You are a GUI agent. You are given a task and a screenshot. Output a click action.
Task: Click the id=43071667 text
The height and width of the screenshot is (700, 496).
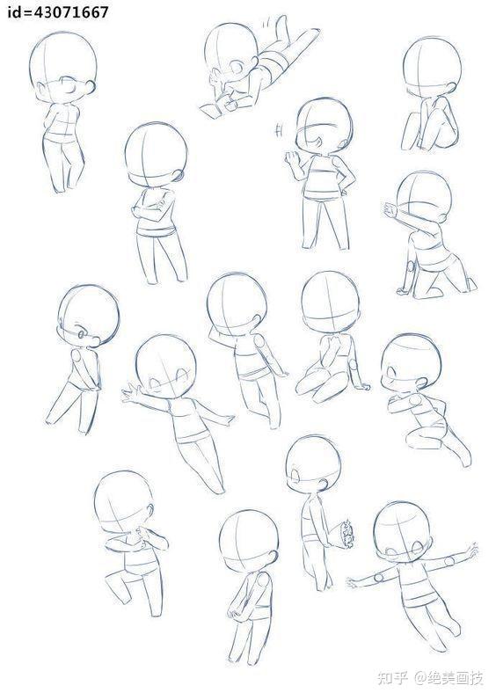coord(57,11)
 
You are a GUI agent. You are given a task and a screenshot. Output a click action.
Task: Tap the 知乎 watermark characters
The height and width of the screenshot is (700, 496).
coord(393,679)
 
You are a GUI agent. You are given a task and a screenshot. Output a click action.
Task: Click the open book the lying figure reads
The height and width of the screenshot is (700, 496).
coord(213,110)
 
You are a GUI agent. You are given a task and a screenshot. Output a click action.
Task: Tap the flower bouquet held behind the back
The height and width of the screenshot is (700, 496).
coord(346,534)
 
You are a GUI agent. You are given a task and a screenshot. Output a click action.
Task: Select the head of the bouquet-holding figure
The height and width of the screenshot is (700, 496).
coord(312,464)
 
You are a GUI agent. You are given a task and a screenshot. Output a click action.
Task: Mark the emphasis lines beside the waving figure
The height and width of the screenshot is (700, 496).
coord(280,130)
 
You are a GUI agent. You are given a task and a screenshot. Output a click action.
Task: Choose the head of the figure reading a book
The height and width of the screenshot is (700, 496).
coord(231,51)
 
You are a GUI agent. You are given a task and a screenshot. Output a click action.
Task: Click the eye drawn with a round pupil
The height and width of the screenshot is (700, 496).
coord(82,333)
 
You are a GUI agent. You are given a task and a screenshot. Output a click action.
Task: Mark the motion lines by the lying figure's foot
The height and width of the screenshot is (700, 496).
coord(266,22)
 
